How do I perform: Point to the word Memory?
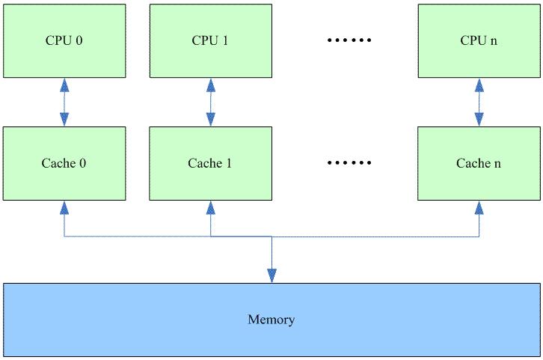point(271,320)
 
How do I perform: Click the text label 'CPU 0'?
point(64,40)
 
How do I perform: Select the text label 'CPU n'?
point(479,40)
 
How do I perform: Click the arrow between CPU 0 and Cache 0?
point(64,103)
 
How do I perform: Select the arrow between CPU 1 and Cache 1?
point(210,103)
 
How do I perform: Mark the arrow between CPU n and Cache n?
point(479,103)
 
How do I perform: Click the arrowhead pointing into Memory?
point(271,277)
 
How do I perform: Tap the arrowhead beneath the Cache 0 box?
point(64,207)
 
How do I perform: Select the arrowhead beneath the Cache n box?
point(479,207)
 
